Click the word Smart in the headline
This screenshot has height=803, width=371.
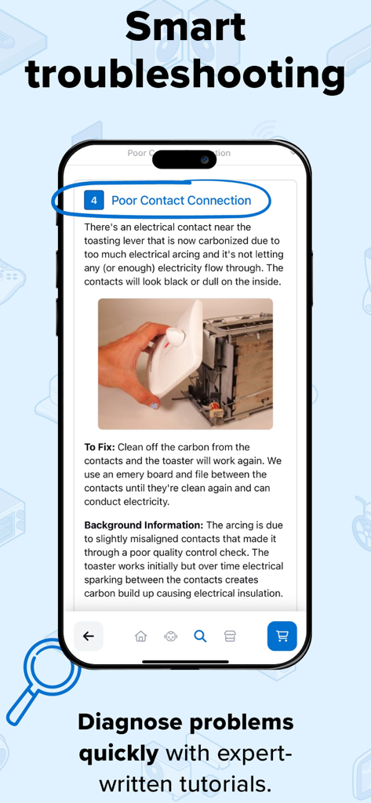coord(185,27)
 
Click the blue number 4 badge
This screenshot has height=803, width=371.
coord(94,201)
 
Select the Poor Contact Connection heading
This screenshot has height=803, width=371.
coord(181,201)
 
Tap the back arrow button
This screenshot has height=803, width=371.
coord(88,636)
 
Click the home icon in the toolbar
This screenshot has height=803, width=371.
coord(141,636)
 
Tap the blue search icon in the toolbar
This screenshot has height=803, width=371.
coord(200,636)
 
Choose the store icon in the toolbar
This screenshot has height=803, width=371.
coord(230,636)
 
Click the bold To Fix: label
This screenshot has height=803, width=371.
coord(100,447)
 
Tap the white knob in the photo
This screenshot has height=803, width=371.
coord(175,336)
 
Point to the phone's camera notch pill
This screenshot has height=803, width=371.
coord(184,159)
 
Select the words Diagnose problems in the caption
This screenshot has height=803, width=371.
coord(185,722)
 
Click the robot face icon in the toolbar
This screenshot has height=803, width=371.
coord(170,636)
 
